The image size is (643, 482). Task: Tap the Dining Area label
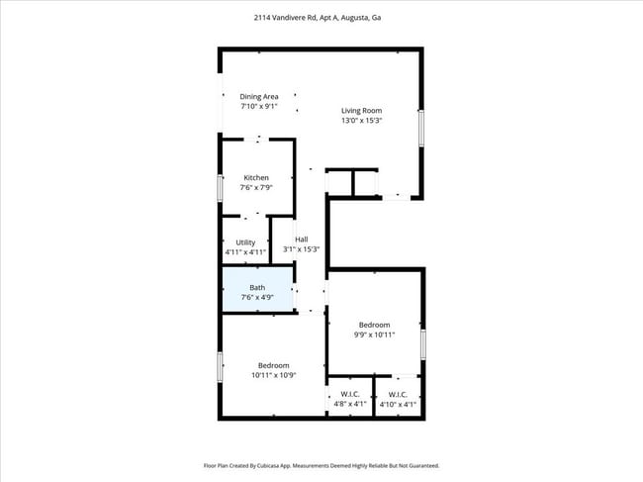pyautogui.click(x=258, y=96)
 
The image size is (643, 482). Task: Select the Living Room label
pyautogui.click(x=361, y=111)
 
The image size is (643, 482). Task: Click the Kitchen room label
pyautogui.click(x=256, y=178)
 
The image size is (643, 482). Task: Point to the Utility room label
pyautogui.click(x=245, y=242)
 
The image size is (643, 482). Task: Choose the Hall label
pyautogui.click(x=301, y=240)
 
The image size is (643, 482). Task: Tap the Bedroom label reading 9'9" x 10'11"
pyautogui.click(x=374, y=325)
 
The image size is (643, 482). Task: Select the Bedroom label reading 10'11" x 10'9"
pyautogui.click(x=274, y=365)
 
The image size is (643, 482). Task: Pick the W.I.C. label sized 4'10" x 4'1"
pyautogui.click(x=398, y=394)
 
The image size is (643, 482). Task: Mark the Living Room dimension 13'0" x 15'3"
pyautogui.click(x=361, y=121)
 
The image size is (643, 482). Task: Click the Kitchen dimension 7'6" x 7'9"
pyautogui.click(x=256, y=187)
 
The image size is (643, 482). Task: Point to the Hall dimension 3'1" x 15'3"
pyautogui.click(x=301, y=249)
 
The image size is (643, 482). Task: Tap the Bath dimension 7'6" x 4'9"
pyautogui.click(x=257, y=297)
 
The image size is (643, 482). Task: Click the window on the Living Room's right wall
pyautogui.click(x=421, y=128)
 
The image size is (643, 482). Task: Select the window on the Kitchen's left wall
pyautogui.click(x=220, y=188)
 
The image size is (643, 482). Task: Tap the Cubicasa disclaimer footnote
pyautogui.click(x=321, y=465)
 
